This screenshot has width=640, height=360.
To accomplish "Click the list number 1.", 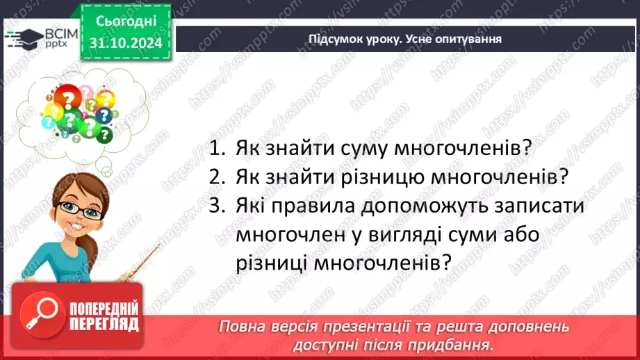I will tap(217, 148).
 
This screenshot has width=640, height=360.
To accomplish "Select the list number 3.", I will tap(217, 207).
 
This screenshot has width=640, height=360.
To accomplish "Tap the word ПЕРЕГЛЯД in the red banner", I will tap(104, 324).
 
